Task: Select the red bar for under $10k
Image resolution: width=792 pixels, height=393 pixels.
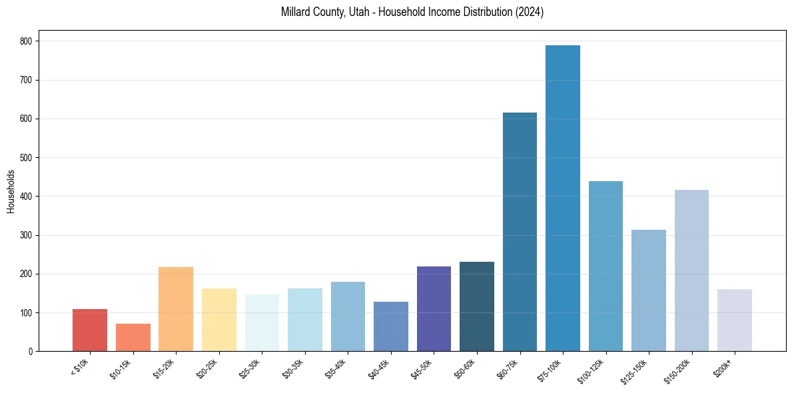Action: (x=90, y=330)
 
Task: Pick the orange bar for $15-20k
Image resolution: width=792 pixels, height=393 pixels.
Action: (x=176, y=309)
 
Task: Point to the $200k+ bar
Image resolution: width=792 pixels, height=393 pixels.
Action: (x=735, y=320)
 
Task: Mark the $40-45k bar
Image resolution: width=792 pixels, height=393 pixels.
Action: (x=391, y=326)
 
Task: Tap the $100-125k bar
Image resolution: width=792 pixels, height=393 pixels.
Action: (x=605, y=266)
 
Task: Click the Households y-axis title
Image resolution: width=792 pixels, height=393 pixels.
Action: (x=11, y=191)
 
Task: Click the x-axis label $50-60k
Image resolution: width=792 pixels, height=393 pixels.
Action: (x=464, y=367)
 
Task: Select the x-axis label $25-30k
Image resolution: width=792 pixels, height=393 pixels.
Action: (x=249, y=367)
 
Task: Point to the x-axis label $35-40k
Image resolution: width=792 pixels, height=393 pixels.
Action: (x=335, y=367)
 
